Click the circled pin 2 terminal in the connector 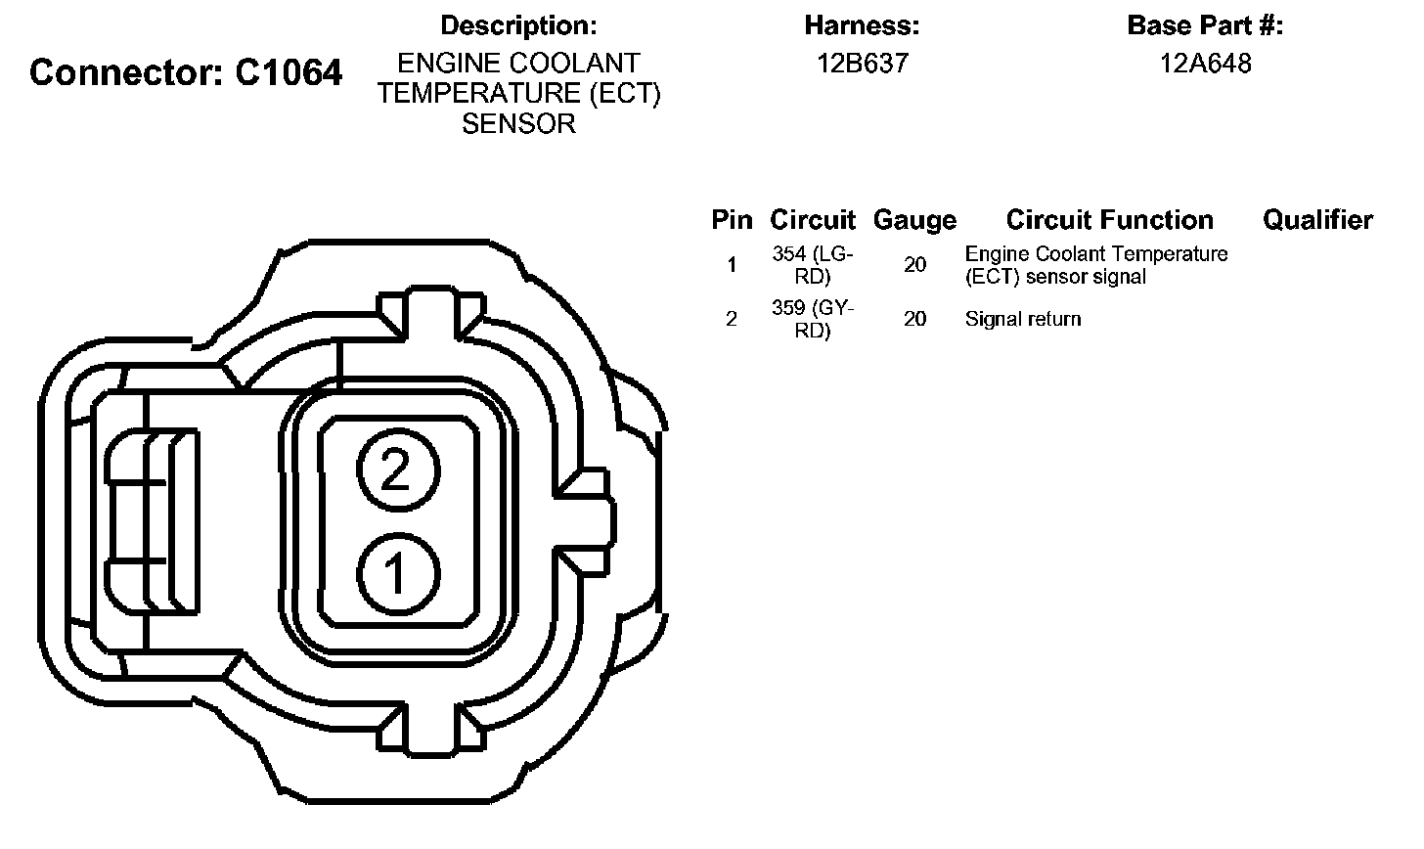(x=398, y=469)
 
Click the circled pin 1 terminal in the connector (x=398, y=573)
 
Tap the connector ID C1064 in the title (x=289, y=71)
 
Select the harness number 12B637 (x=863, y=64)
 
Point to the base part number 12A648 (x=1205, y=64)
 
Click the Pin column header (x=732, y=220)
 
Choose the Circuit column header (x=813, y=220)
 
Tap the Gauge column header (x=914, y=220)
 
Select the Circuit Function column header (x=1109, y=220)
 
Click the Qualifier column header (x=1317, y=220)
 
